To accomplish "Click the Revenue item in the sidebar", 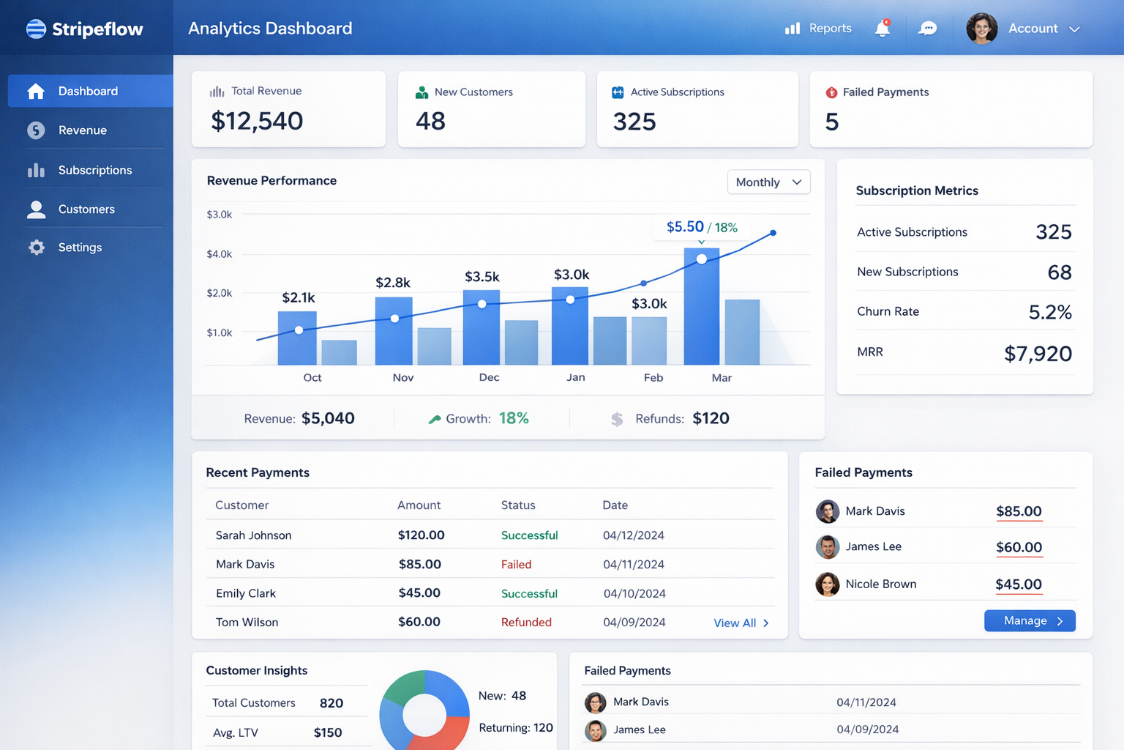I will click(82, 130).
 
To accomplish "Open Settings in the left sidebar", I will click(79, 248).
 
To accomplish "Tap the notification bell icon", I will click(883, 29).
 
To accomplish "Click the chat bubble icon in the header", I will click(927, 29).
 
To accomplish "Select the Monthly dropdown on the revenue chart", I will click(768, 182).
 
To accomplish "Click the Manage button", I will click(1029, 620).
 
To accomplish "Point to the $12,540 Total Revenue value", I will click(257, 121).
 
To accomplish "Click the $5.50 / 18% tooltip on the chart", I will click(701, 227).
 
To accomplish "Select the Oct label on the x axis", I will click(312, 377).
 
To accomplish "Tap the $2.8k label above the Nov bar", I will click(393, 283).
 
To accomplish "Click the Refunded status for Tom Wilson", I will click(526, 622).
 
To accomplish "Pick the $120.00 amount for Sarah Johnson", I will click(421, 535).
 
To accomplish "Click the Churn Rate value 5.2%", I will click(1049, 313).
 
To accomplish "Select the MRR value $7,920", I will click(1038, 354).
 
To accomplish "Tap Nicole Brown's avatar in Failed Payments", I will click(828, 584).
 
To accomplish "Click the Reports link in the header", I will click(820, 29).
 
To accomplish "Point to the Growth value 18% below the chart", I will click(514, 418).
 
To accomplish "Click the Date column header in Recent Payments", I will click(615, 505).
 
